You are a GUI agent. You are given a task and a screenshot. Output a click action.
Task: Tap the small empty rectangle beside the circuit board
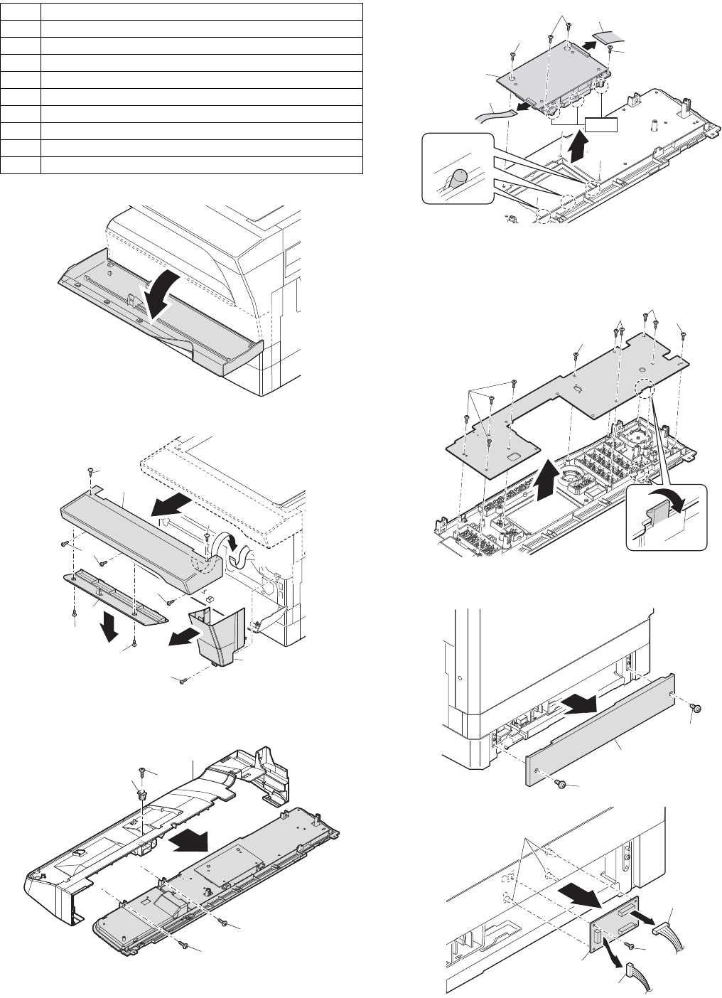click(601, 126)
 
